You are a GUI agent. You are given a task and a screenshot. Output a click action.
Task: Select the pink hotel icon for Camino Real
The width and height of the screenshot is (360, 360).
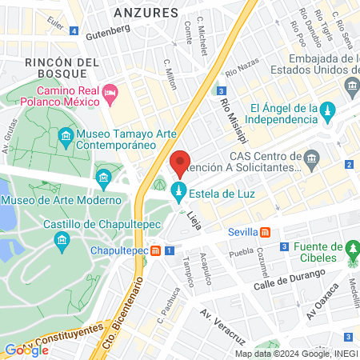110,94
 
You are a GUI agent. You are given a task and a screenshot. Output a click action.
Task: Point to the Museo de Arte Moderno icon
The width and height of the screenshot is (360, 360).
103,177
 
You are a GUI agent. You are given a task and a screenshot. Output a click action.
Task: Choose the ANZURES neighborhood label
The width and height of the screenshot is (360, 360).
145,13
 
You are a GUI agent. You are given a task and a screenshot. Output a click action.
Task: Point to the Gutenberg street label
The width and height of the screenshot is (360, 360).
107,29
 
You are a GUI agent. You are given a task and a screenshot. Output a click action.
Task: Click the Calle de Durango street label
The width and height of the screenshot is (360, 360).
290,280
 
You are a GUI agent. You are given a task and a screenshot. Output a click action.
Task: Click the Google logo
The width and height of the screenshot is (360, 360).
26,350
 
